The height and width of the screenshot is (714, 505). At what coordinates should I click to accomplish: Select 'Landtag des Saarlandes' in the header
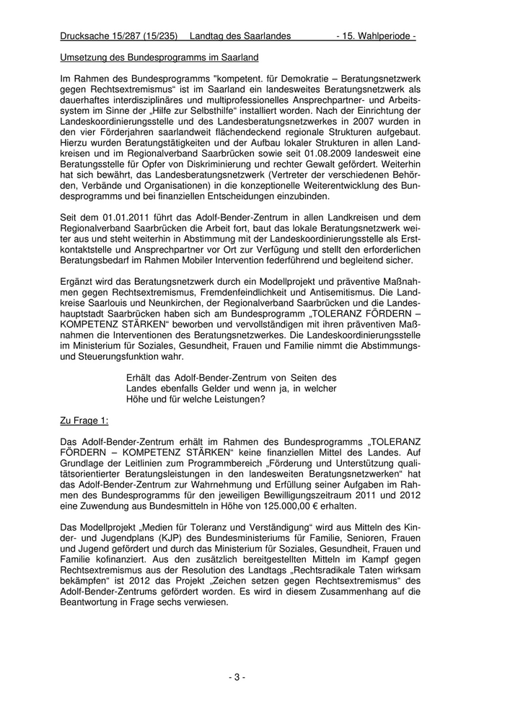click(x=240, y=35)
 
